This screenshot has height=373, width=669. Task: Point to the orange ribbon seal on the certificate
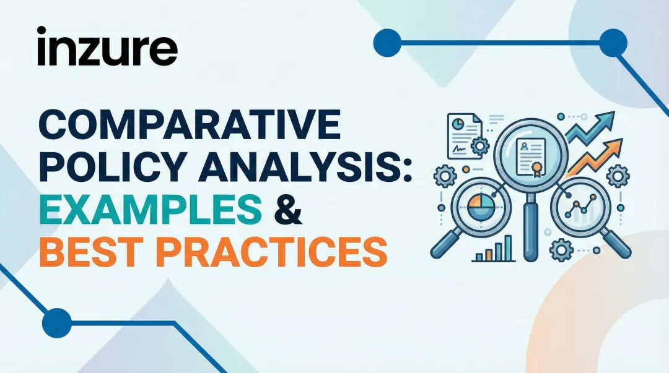pos(540,167)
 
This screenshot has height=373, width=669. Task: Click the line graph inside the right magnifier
pos(582,208)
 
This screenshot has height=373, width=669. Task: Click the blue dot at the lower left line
pos(57,322)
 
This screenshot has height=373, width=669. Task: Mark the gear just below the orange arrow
pos(616,176)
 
